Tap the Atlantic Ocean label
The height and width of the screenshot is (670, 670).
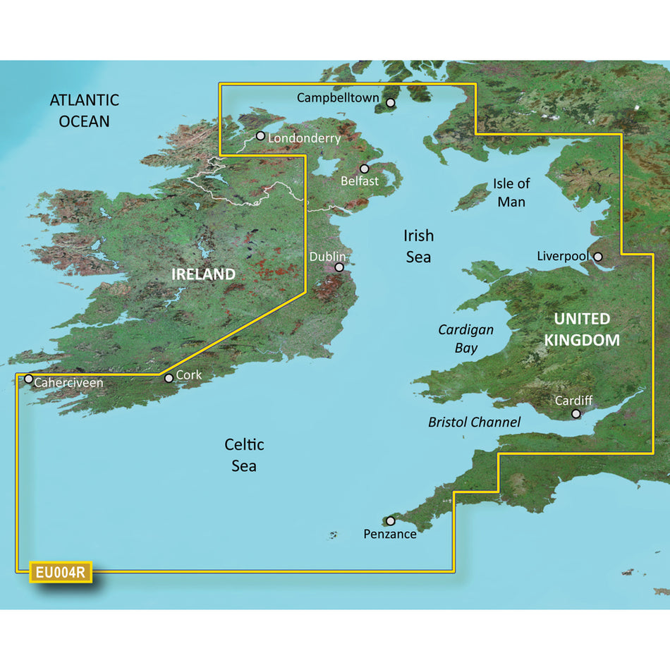pos(84,111)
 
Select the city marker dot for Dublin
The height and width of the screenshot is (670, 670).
pos(339,267)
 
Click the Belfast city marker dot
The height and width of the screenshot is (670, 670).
pos(365,169)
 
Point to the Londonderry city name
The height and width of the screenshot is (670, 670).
pos(305,139)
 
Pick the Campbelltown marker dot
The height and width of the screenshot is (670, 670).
pos(390,103)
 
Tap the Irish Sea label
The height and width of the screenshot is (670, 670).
pos(418,245)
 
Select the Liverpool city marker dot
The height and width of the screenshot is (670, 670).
pos(598,257)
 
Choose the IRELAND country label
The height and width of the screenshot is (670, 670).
pos(202,274)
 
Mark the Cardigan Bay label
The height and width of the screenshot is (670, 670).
pos(465,339)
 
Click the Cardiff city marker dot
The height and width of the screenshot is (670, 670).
pos(576,414)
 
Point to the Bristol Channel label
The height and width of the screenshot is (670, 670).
pos(474,422)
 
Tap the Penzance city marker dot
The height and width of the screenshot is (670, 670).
pos(390,521)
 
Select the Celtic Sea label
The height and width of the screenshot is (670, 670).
pos(244,455)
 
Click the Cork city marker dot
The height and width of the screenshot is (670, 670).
pos(169,379)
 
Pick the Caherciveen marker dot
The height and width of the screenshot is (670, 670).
pos(28,379)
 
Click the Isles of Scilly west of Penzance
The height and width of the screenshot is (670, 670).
pos(331,536)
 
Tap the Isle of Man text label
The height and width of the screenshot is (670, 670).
pos(511,193)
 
